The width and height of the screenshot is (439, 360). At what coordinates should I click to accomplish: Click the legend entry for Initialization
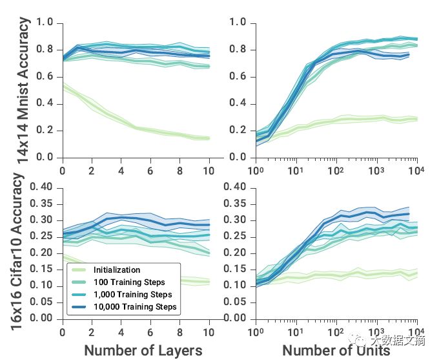point(116,270)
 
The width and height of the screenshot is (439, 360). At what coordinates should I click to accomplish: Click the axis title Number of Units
point(336,350)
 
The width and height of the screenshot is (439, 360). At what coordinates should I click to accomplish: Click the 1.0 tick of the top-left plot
point(46,23)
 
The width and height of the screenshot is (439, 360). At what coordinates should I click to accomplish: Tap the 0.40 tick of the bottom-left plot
point(45,187)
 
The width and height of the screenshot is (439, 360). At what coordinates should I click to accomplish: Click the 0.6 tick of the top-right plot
point(239,77)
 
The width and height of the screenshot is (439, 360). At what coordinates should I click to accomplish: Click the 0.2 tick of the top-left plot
point(46,131)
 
